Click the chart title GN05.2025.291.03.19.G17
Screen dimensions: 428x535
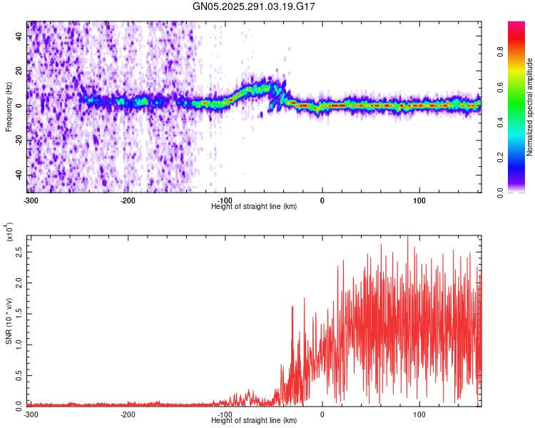255,6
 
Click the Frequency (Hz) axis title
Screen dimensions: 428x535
9,106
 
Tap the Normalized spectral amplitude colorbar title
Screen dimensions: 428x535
530,107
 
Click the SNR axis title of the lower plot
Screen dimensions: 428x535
9,320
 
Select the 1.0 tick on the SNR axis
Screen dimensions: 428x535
19,344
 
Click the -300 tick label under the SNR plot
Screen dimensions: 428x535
31,414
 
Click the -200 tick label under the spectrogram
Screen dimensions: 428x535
128,200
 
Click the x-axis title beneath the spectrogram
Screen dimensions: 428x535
255,206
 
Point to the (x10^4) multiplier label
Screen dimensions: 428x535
9,233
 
